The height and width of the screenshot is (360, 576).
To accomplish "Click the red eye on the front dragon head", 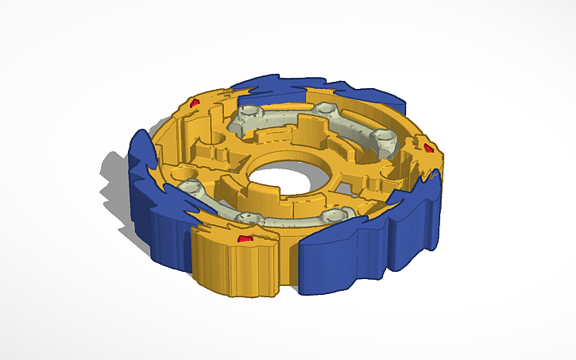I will (x=245, y=238).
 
